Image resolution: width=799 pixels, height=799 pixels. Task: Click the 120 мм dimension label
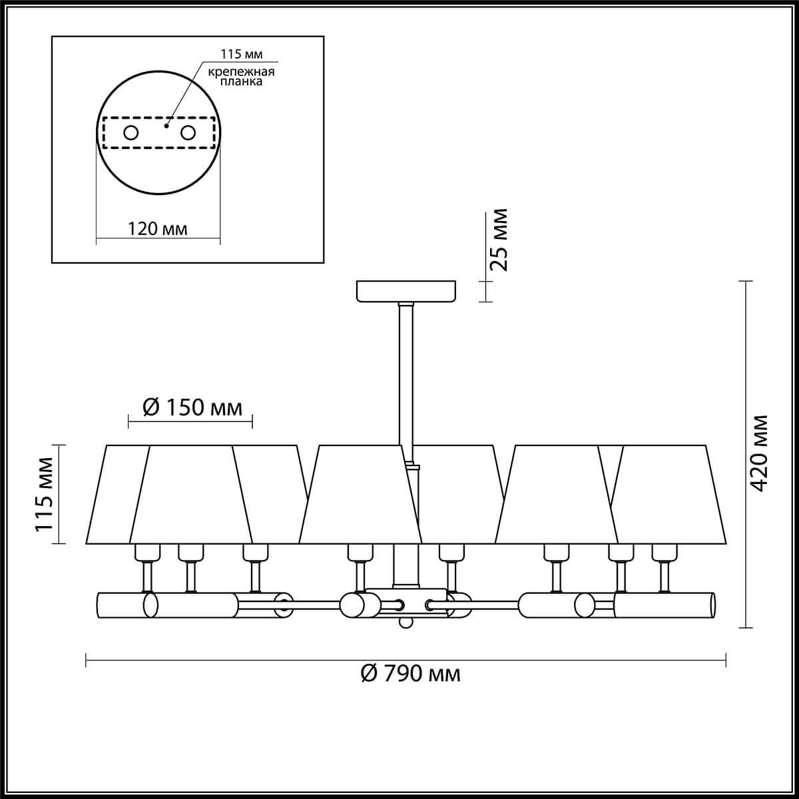(157, 229)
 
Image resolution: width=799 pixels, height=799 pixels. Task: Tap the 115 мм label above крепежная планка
(241, 55)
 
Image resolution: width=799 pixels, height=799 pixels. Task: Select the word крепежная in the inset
(241, 72)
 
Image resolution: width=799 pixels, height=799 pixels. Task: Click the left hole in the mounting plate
(131, 134)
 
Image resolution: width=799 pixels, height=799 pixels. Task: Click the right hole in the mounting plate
(188, 134)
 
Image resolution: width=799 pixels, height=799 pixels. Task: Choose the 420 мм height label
(760, 453)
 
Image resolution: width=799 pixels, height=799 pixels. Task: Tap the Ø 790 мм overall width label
(411, 674)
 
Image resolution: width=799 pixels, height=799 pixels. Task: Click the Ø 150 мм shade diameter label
(192, 408)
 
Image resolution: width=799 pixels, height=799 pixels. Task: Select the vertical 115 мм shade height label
(43, 495)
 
